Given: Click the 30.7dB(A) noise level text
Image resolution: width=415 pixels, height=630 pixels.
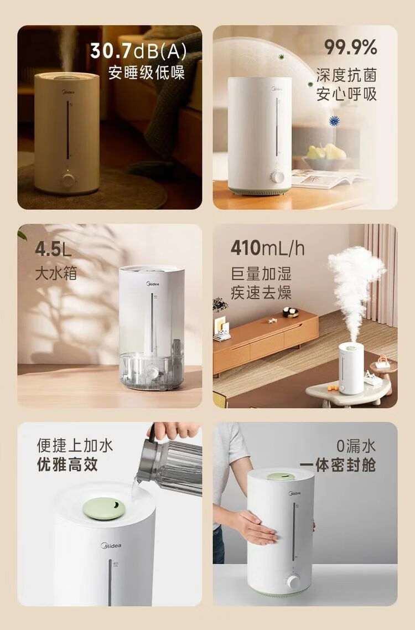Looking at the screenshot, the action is click(138, 50).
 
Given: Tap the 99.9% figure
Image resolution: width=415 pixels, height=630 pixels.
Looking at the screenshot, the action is click(350, 48).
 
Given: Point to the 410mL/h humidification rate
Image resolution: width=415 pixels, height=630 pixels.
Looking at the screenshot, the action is click(268, 247).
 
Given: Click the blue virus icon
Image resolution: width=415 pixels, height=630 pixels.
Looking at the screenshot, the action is click(334, 121).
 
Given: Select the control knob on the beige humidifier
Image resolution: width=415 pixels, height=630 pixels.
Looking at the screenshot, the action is click(68, 179).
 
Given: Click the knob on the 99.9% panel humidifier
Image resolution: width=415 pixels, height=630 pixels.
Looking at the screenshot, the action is click(277, 177).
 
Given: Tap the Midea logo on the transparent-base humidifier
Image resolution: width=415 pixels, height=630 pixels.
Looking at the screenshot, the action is click(152, 284).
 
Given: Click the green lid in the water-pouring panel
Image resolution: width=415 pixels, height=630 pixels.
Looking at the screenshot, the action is click(104, 508).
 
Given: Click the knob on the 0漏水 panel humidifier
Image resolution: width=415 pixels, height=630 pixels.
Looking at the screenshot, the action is click(293, 581).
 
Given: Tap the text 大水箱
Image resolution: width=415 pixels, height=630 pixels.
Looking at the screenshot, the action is click(55, 273).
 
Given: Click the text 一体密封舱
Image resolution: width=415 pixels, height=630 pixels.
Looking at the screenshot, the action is click(338, 465).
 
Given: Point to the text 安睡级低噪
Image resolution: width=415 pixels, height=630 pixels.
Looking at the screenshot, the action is click(147, 73).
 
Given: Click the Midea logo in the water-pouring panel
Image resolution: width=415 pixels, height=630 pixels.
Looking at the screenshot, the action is click(111, 546).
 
